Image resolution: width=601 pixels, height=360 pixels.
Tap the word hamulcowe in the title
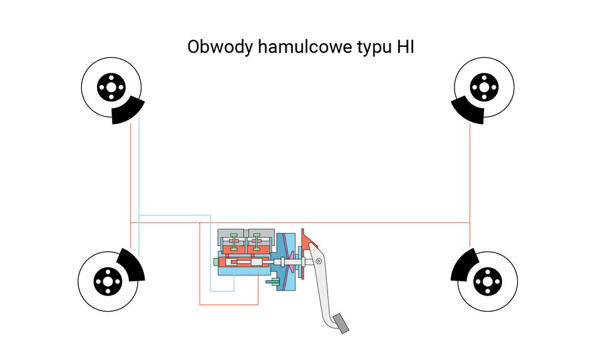(x=302, y=48)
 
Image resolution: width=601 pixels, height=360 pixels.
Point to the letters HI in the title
(x=405, y=47)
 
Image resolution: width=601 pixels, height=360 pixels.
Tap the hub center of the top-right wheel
(x=483, y=87)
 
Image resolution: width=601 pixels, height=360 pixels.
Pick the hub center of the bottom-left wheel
(x=107, y=281)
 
